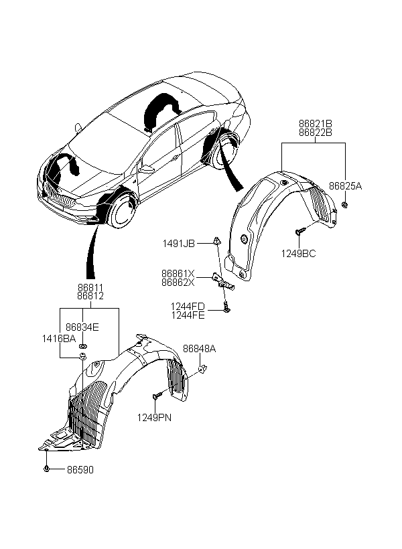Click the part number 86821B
pyautogui.click(x=316, y=124)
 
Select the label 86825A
pyautogui.click(x=345, y=186)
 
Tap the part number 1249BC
pyautogui.click(x=299, y=254)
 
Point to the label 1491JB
pyautogui.click(x=178, y=244)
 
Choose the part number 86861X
pyautogui.click(x=178, y=273)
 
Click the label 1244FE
pyautogui.click(x=188, y=315)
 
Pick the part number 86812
pyautogui.click(x=90, y=296)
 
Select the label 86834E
pyautogui.click(x=82, y=327)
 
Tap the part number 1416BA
pyautogui.click(x=59, y=339)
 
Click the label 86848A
pyautogui.click(x=200, y=349)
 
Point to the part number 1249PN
pyautogui.click(x=154, y=418)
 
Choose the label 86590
pyautogui.click(x=80, y=470)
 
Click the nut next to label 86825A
pyautogui.click(x=345, y=204)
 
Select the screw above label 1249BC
pyautogui.click(x=300, y=231)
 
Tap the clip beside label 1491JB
pyautogui.click(x=217, y=241)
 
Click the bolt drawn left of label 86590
pyautogui.click(x=46, y=469)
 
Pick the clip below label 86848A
pyautogui.click(x=202, y=368)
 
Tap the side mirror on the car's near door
pyautogui.click(x=146, y=170)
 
